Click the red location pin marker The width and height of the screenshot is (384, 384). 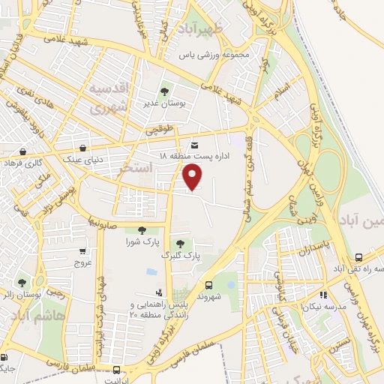coord(193,177)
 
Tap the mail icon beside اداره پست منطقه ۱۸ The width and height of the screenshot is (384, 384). coord(195,145)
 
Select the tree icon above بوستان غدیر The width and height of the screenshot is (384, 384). coord(164,91)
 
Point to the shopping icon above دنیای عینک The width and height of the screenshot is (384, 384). coord(82,147)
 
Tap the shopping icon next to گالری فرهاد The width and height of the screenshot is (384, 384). coord(24,151)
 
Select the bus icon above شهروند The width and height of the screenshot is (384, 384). coord(208,284)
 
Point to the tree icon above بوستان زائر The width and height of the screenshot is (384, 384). coord(22,282)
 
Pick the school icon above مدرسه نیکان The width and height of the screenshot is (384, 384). coord(323,295)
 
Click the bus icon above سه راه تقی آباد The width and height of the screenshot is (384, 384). coord(358,256)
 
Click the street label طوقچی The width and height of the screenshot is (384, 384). coord(160,130)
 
